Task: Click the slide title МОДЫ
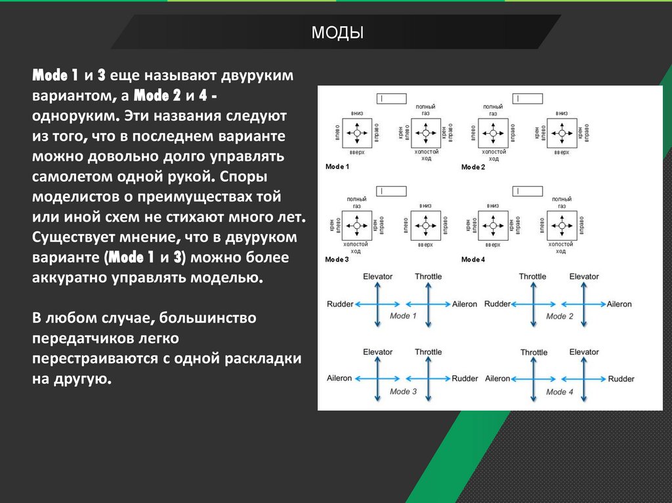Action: pos(337,32)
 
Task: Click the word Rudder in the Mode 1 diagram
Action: pos(340,304)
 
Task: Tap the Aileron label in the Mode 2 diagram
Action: pos(619,304)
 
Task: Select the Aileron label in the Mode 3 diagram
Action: pos(339,378)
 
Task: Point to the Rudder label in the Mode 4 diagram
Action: pos(621,378)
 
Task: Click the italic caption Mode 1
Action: pos(404,316)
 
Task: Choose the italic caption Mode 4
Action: pos(560,392)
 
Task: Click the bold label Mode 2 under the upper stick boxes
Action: pos(473,167)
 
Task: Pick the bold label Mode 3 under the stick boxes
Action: pos(337,259)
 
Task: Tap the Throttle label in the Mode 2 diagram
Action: pos(532,276)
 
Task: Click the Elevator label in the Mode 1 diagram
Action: pos(377,276)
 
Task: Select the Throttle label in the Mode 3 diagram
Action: pos(428,352)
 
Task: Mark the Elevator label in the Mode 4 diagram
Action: pos(584,352)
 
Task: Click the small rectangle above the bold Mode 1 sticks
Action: pos(390,98)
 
